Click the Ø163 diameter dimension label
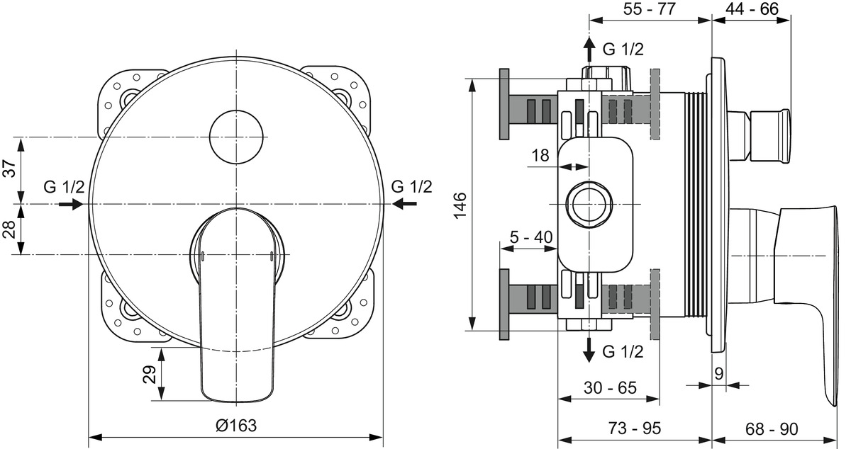click(236, 426)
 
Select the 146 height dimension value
click(460, 205)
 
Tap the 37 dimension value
click(10, 169)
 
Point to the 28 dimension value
click(10, 229)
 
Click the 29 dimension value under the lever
click(150, 374)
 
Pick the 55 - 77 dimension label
click(650, 8)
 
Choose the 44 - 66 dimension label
click(752, 8)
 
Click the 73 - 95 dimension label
click(635, 428)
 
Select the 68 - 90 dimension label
click(772, 429)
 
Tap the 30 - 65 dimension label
click(610, 388)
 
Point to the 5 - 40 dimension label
click(531, 237)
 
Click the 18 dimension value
click(540, 155)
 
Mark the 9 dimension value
click(719, 374)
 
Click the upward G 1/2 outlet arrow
click(589, 49)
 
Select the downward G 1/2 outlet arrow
click(589, 350)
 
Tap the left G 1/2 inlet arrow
click(71, 205)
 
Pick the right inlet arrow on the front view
click(405, 204)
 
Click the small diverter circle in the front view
click(236, 137)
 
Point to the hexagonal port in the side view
click(589, 205)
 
